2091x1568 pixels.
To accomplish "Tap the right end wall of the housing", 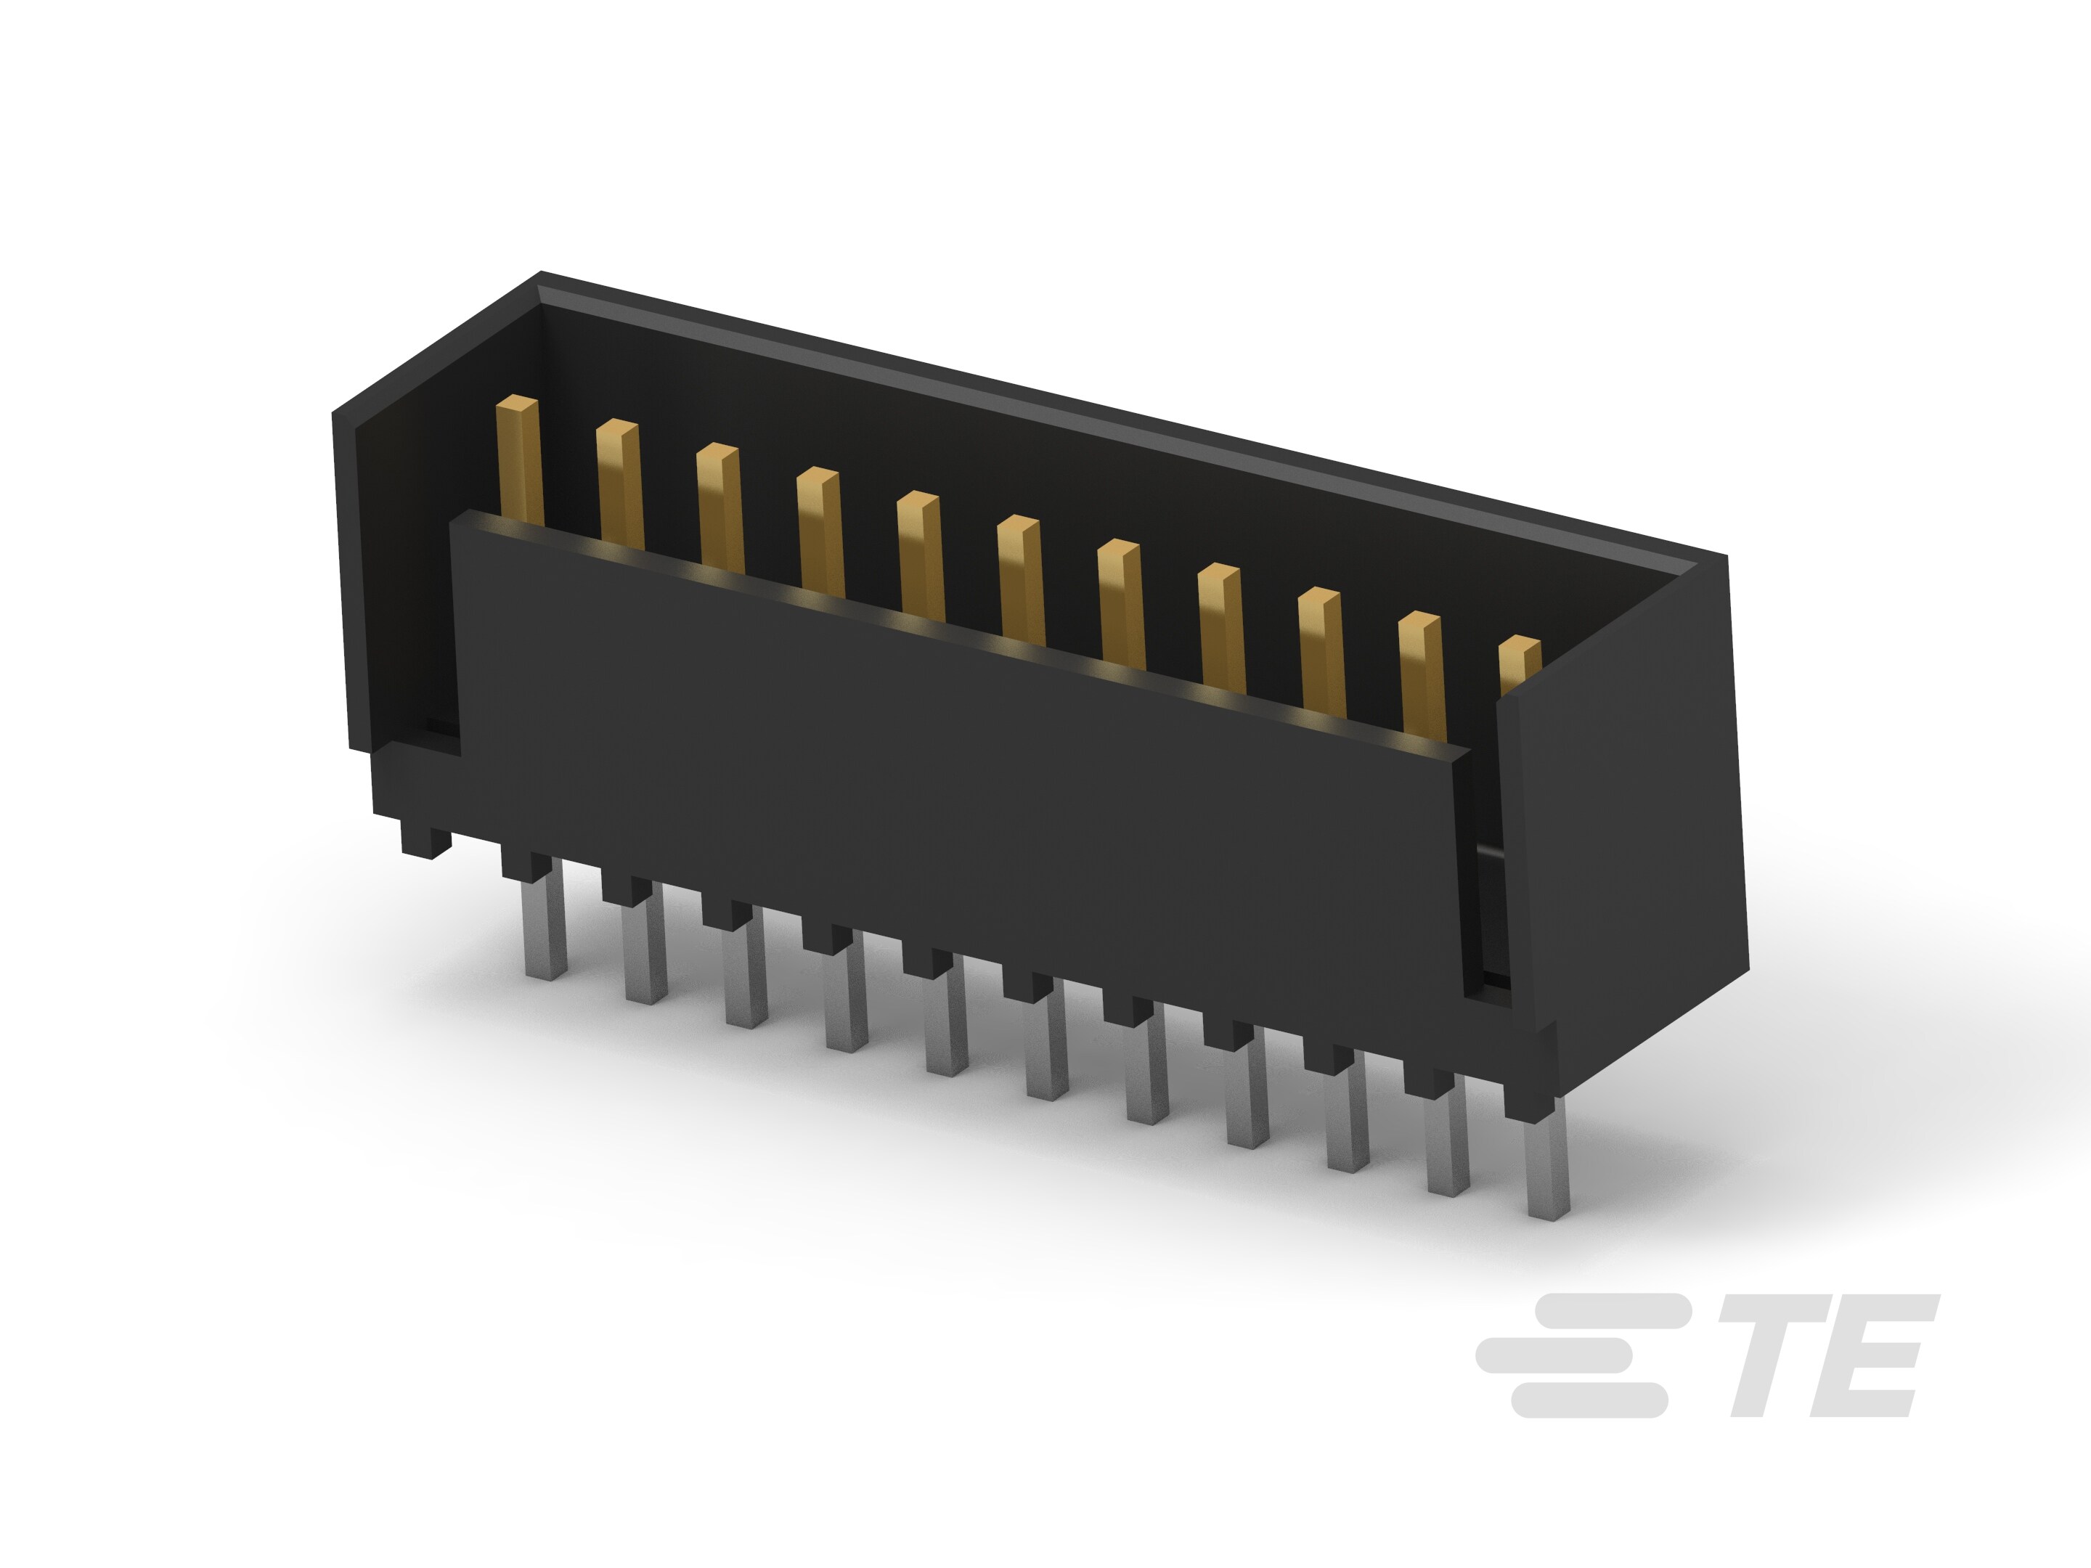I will [1621, 822].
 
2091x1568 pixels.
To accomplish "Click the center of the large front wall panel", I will [955, 794].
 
